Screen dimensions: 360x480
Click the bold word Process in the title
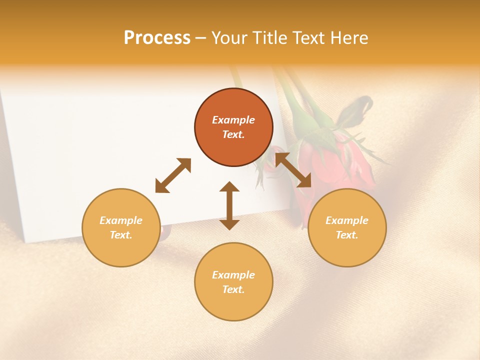[157, 38]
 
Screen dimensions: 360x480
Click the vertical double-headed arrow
[229, 205]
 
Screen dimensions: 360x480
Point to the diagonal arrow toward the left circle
[173, 175]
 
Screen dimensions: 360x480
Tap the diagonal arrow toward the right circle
[293, 170]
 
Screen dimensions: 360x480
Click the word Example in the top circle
[233, 120]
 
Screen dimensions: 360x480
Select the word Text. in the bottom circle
[233, 289]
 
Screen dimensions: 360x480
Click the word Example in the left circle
[121, 220]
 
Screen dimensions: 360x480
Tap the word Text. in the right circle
[347, 235]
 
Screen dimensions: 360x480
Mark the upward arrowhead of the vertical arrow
[229, 186]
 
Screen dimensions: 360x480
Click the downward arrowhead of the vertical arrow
[229, 224]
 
